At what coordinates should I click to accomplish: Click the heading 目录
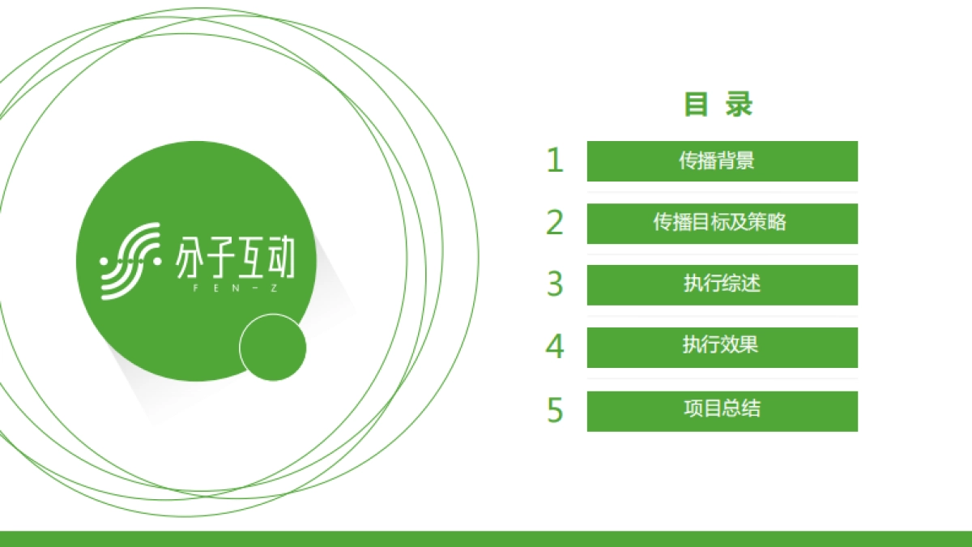(x=718, y=105)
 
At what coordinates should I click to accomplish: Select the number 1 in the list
(x=554, y=160)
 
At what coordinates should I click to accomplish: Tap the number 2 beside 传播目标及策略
(x=554, y=223)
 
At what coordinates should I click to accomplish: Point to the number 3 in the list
(x=554, y=284)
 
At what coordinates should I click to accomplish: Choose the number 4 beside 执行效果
(x=554, y=347)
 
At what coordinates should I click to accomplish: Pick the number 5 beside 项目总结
(x=554, y=410)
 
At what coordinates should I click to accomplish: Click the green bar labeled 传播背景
(x=722, y=160)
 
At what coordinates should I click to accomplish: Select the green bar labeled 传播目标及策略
(x=722, y=223)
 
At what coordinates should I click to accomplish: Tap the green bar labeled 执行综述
(x=722, y=284)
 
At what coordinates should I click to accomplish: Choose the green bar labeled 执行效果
(x=722, y=347)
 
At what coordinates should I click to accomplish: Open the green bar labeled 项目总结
(x=722, y=410)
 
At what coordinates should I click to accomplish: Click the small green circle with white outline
(x=273, y=348)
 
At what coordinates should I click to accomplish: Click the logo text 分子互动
(x=235, y=258)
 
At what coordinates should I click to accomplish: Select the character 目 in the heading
(x=697, y=105)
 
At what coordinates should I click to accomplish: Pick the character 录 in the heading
(x=740, y=105)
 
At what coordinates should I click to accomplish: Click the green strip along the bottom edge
(x=486, y=539)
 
